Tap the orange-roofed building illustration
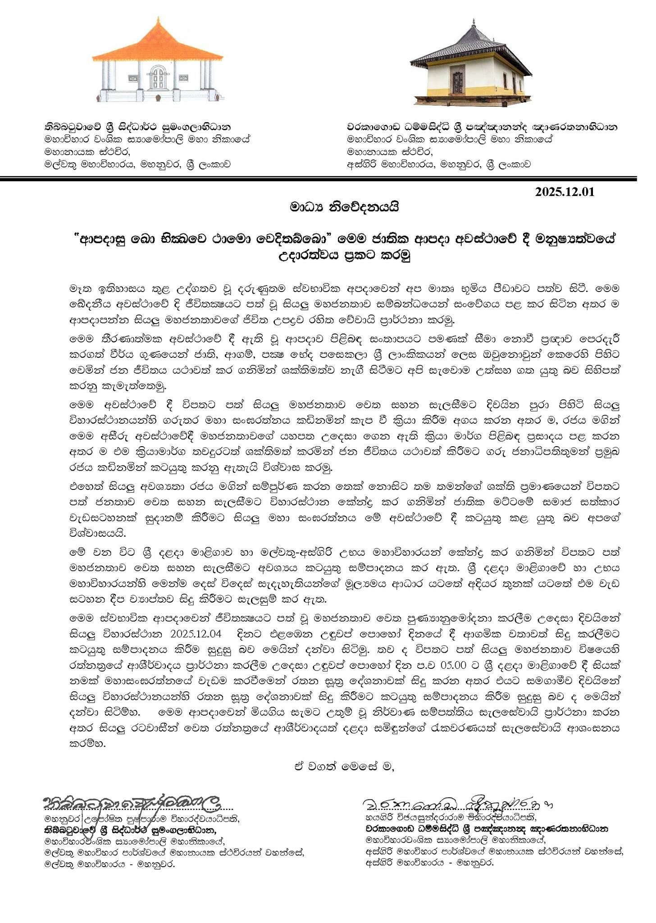[x=158, y=61]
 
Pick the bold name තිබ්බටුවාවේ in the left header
[x=72, y=127]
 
